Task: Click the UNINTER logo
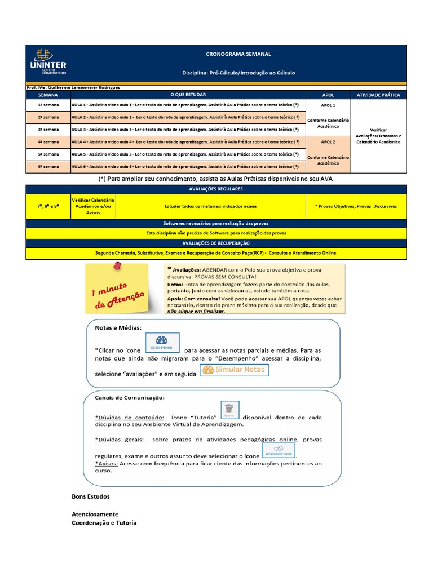pos(48,62)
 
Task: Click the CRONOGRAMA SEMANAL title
pos(238,54)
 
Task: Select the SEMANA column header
pos(48,95)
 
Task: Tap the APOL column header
pos(328,95)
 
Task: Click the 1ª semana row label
pos(48,105)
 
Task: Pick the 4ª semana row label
pos(48,142)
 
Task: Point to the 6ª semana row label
pos(48,167)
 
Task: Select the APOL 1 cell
pos(328,105)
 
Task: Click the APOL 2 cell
pos(328,142)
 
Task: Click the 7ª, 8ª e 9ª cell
pos(48,206)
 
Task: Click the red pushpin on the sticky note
pos(117,265)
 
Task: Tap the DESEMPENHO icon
pos(162,343)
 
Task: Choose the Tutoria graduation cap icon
pos(230,410)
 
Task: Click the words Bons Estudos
pos(91,496)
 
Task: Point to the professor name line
pos(73,87)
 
